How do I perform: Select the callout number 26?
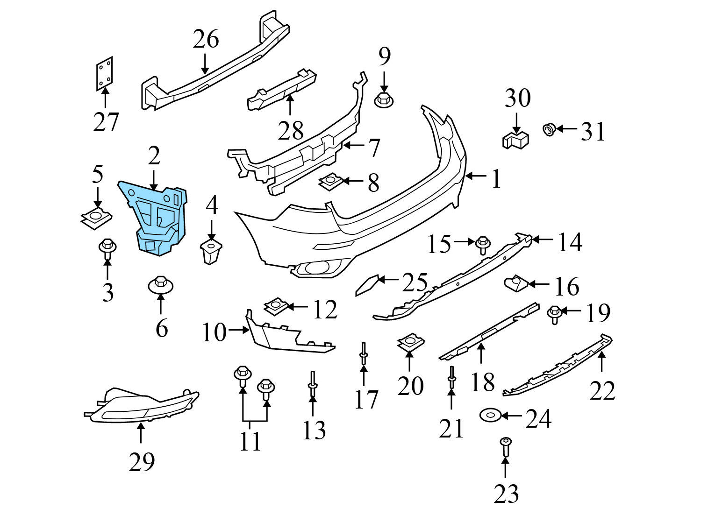point(206,40)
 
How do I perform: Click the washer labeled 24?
point(489,415)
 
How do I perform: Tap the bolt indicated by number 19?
point(554,314)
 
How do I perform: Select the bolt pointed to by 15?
point(482,244)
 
